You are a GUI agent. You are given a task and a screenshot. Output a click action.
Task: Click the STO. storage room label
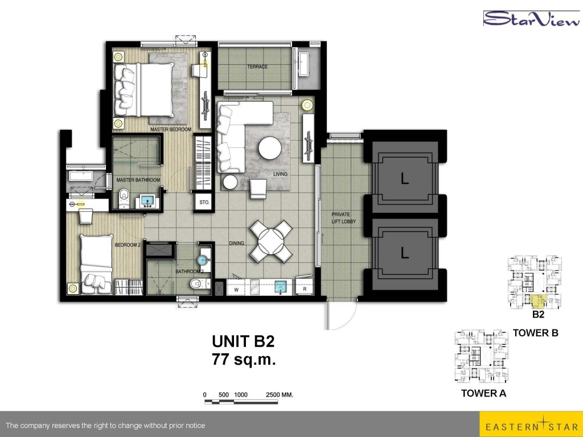204,203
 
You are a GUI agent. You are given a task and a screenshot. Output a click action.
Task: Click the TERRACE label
257,67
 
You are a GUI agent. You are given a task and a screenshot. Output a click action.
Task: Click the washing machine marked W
236,288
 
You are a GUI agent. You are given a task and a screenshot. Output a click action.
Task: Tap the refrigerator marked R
305,288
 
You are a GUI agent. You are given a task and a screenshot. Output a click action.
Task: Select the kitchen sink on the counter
281,287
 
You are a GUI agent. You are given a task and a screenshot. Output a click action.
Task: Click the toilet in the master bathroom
124,198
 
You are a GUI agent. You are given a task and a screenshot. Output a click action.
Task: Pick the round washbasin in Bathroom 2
203,259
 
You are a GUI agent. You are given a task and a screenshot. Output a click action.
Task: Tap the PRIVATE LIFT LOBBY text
343,218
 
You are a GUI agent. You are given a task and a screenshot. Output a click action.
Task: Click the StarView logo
531,18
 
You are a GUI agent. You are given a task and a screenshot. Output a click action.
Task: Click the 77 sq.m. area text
244,360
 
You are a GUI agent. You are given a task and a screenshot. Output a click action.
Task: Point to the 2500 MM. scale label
280,395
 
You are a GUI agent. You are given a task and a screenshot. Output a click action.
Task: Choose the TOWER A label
483,393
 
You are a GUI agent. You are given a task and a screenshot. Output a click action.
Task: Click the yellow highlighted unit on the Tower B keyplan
538,301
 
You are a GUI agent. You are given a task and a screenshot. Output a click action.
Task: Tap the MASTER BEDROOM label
171,129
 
